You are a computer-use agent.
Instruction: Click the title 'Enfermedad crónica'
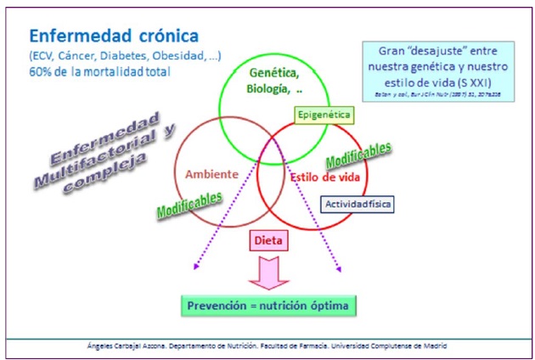[x=113, y=36]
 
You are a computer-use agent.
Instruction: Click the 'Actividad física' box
[x=358, y=204]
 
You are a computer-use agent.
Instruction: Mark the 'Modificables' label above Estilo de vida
[x=358, y=155]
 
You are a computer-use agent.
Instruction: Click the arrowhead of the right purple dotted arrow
[x=339, y=269]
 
